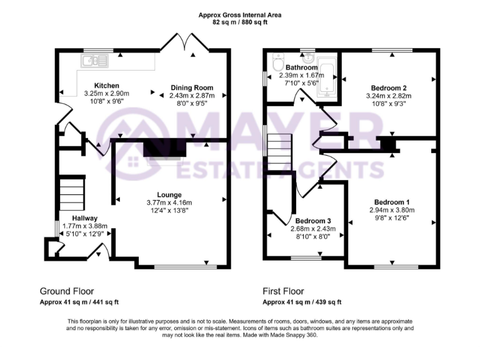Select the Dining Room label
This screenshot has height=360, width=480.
(x=192, y=87)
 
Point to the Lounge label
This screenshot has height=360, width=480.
(x=169, y=194)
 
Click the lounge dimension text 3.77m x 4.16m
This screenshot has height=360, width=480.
(x=169, y=202)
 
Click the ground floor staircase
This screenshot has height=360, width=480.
(x=72, y=194)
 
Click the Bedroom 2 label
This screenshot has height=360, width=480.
(x=388, y=87)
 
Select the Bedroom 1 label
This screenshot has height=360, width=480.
(x=392, y=202)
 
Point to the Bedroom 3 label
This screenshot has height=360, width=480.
(x=312, y=221)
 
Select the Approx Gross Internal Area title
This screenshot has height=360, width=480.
(x=239, y=14)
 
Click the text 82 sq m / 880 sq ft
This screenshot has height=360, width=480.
(x=239, y=22)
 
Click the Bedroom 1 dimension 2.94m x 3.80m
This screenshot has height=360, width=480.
(x=392, y=210)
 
